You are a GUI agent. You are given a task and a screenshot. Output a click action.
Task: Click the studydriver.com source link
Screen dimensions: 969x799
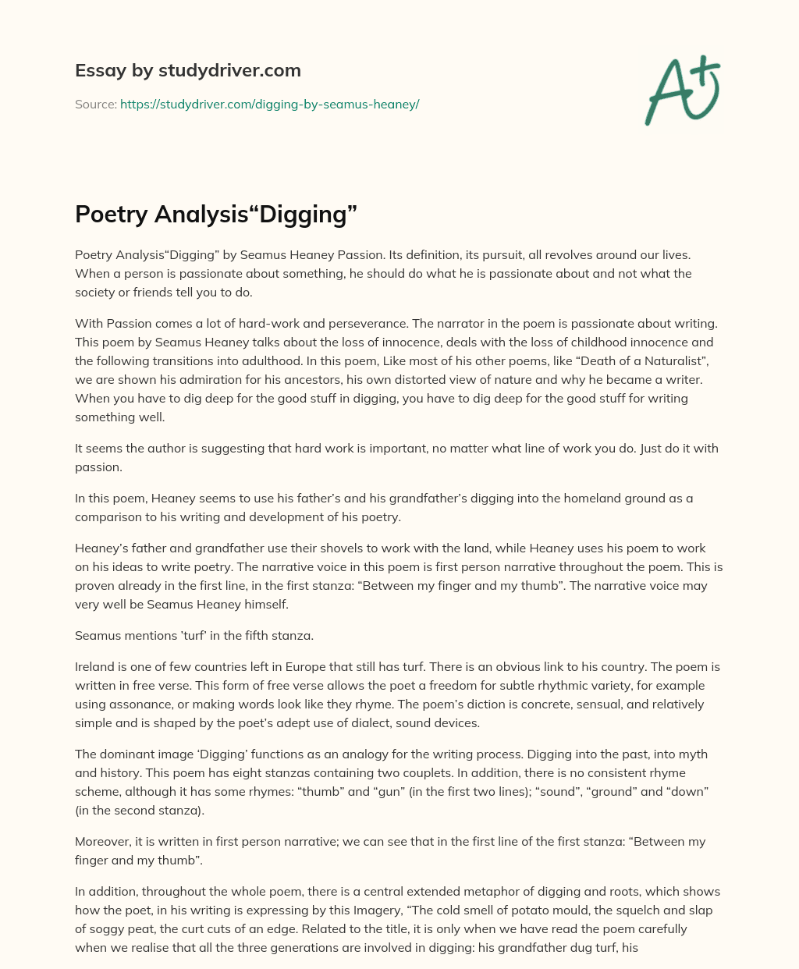tap(269, 104)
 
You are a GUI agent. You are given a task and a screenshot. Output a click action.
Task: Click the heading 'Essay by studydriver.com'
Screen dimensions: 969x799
tap(187, 70)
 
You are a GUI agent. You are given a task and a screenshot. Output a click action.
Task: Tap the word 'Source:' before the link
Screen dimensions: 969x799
tap(96, 104)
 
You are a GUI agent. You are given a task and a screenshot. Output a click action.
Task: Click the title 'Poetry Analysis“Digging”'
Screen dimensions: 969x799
tap(216, 213)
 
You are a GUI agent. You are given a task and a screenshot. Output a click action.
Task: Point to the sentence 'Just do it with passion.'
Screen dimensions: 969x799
tap(397, 457)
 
